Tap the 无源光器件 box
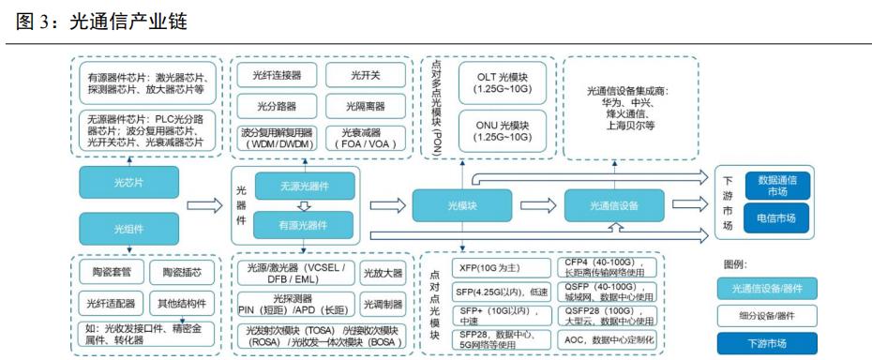[291, 185]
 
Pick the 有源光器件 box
[291, 225]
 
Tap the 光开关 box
[353, 74]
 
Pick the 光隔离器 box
[353, 105]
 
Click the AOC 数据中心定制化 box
[609, 339]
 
